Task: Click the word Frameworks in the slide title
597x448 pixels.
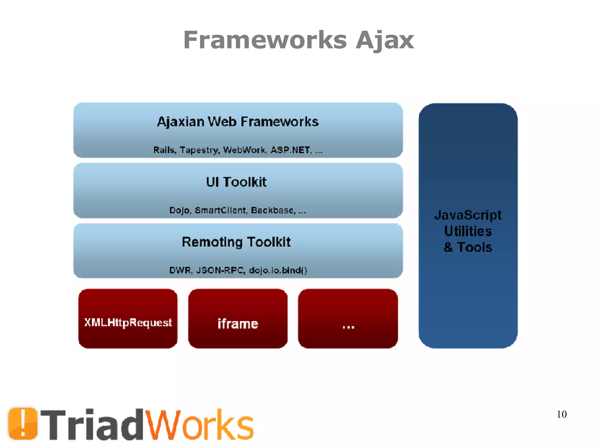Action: coord(265,40)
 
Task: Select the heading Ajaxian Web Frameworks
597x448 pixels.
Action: coord(238,122)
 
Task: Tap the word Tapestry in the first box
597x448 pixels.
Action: coord(199,150)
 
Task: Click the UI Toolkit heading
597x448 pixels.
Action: coord(236,182)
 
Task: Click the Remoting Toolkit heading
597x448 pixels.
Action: coord(236,242)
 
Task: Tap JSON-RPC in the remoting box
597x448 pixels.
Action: coord(220,270)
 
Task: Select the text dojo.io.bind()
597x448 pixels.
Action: coord(278,270)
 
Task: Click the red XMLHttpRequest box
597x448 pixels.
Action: coord(128,318)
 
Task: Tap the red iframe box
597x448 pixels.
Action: coord(238,318)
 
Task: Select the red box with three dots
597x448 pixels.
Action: coord(348,318)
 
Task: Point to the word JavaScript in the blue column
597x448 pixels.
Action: coord(468,215)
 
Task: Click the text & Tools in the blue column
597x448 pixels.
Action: coord(468,247)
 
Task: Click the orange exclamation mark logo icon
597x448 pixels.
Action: coord(23,423)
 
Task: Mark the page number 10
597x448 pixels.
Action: coord(561,414)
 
